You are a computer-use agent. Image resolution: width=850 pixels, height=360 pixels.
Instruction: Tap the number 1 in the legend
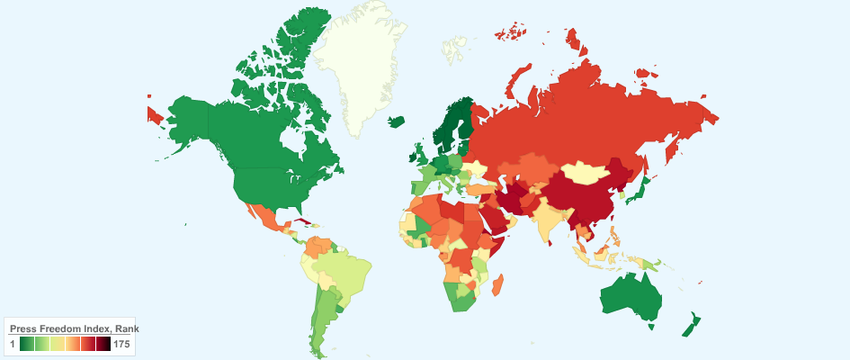tap(13, 345)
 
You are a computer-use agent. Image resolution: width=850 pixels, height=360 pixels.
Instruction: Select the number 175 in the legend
tap(123, 345)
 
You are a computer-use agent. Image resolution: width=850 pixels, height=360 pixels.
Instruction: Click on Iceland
tap(397, 121)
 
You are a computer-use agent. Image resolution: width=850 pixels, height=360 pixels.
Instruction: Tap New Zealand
tap(692, 323)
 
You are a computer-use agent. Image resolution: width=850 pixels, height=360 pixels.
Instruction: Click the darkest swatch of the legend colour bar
tap(104, 345)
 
